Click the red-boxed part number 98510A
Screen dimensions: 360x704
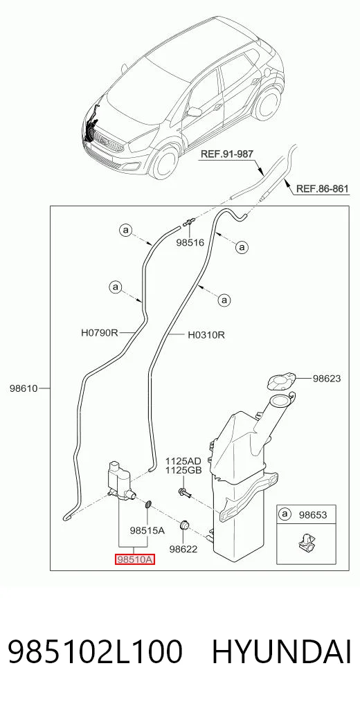(136, 559)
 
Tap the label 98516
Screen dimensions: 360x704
(190, 242)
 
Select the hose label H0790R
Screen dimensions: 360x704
(99, 333)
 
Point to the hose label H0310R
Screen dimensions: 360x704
(206, 334)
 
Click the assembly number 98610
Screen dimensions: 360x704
(24, 388)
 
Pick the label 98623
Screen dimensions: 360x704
(327, 379)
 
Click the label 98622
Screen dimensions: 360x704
(183, 548)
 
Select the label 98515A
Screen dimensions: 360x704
(147, 530)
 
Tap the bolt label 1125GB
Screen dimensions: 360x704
(183, 470)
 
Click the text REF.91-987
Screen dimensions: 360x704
(226, 154)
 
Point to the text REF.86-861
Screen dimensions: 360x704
(322, 188)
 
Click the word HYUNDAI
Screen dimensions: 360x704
(282, 651)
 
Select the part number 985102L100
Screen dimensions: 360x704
(95, 651)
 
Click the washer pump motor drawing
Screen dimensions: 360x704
(120, 480)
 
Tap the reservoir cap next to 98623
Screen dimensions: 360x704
(280, 381)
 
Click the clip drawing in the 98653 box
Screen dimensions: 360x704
(306, 544)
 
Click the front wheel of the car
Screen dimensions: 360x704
(164, 161)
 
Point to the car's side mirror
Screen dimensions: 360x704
(194, 112)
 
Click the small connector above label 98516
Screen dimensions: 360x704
(189, 222)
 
